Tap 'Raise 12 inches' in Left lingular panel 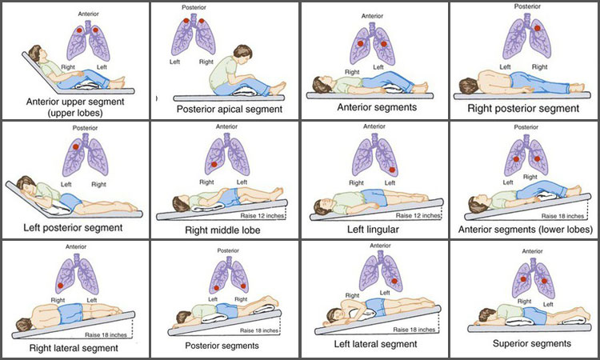coord(418,215)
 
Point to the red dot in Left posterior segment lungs coord(74,147)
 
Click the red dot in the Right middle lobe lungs coord(214,164)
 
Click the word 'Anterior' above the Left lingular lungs coord(374,126)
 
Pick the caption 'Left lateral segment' coord(375,344)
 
